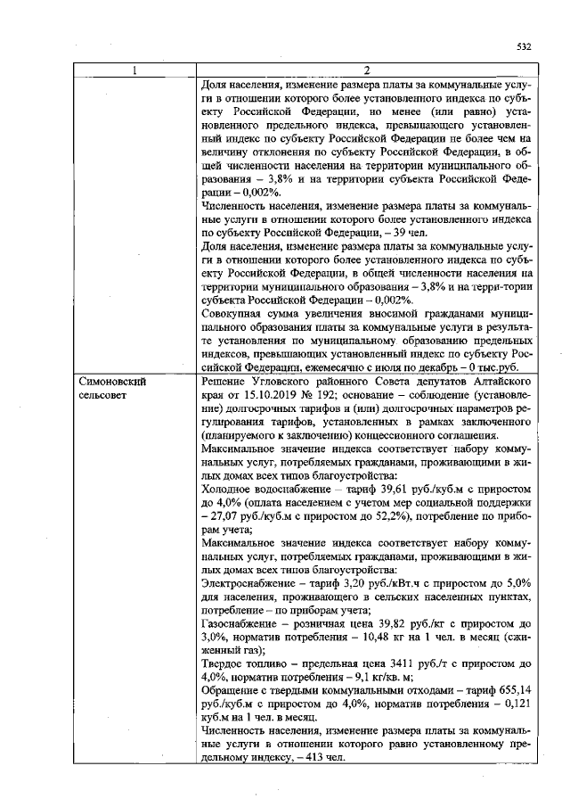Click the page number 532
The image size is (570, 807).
pyautogui.click(x=523, y=45)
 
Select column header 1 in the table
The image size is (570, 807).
pyautogui.click(x=134, y=71)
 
